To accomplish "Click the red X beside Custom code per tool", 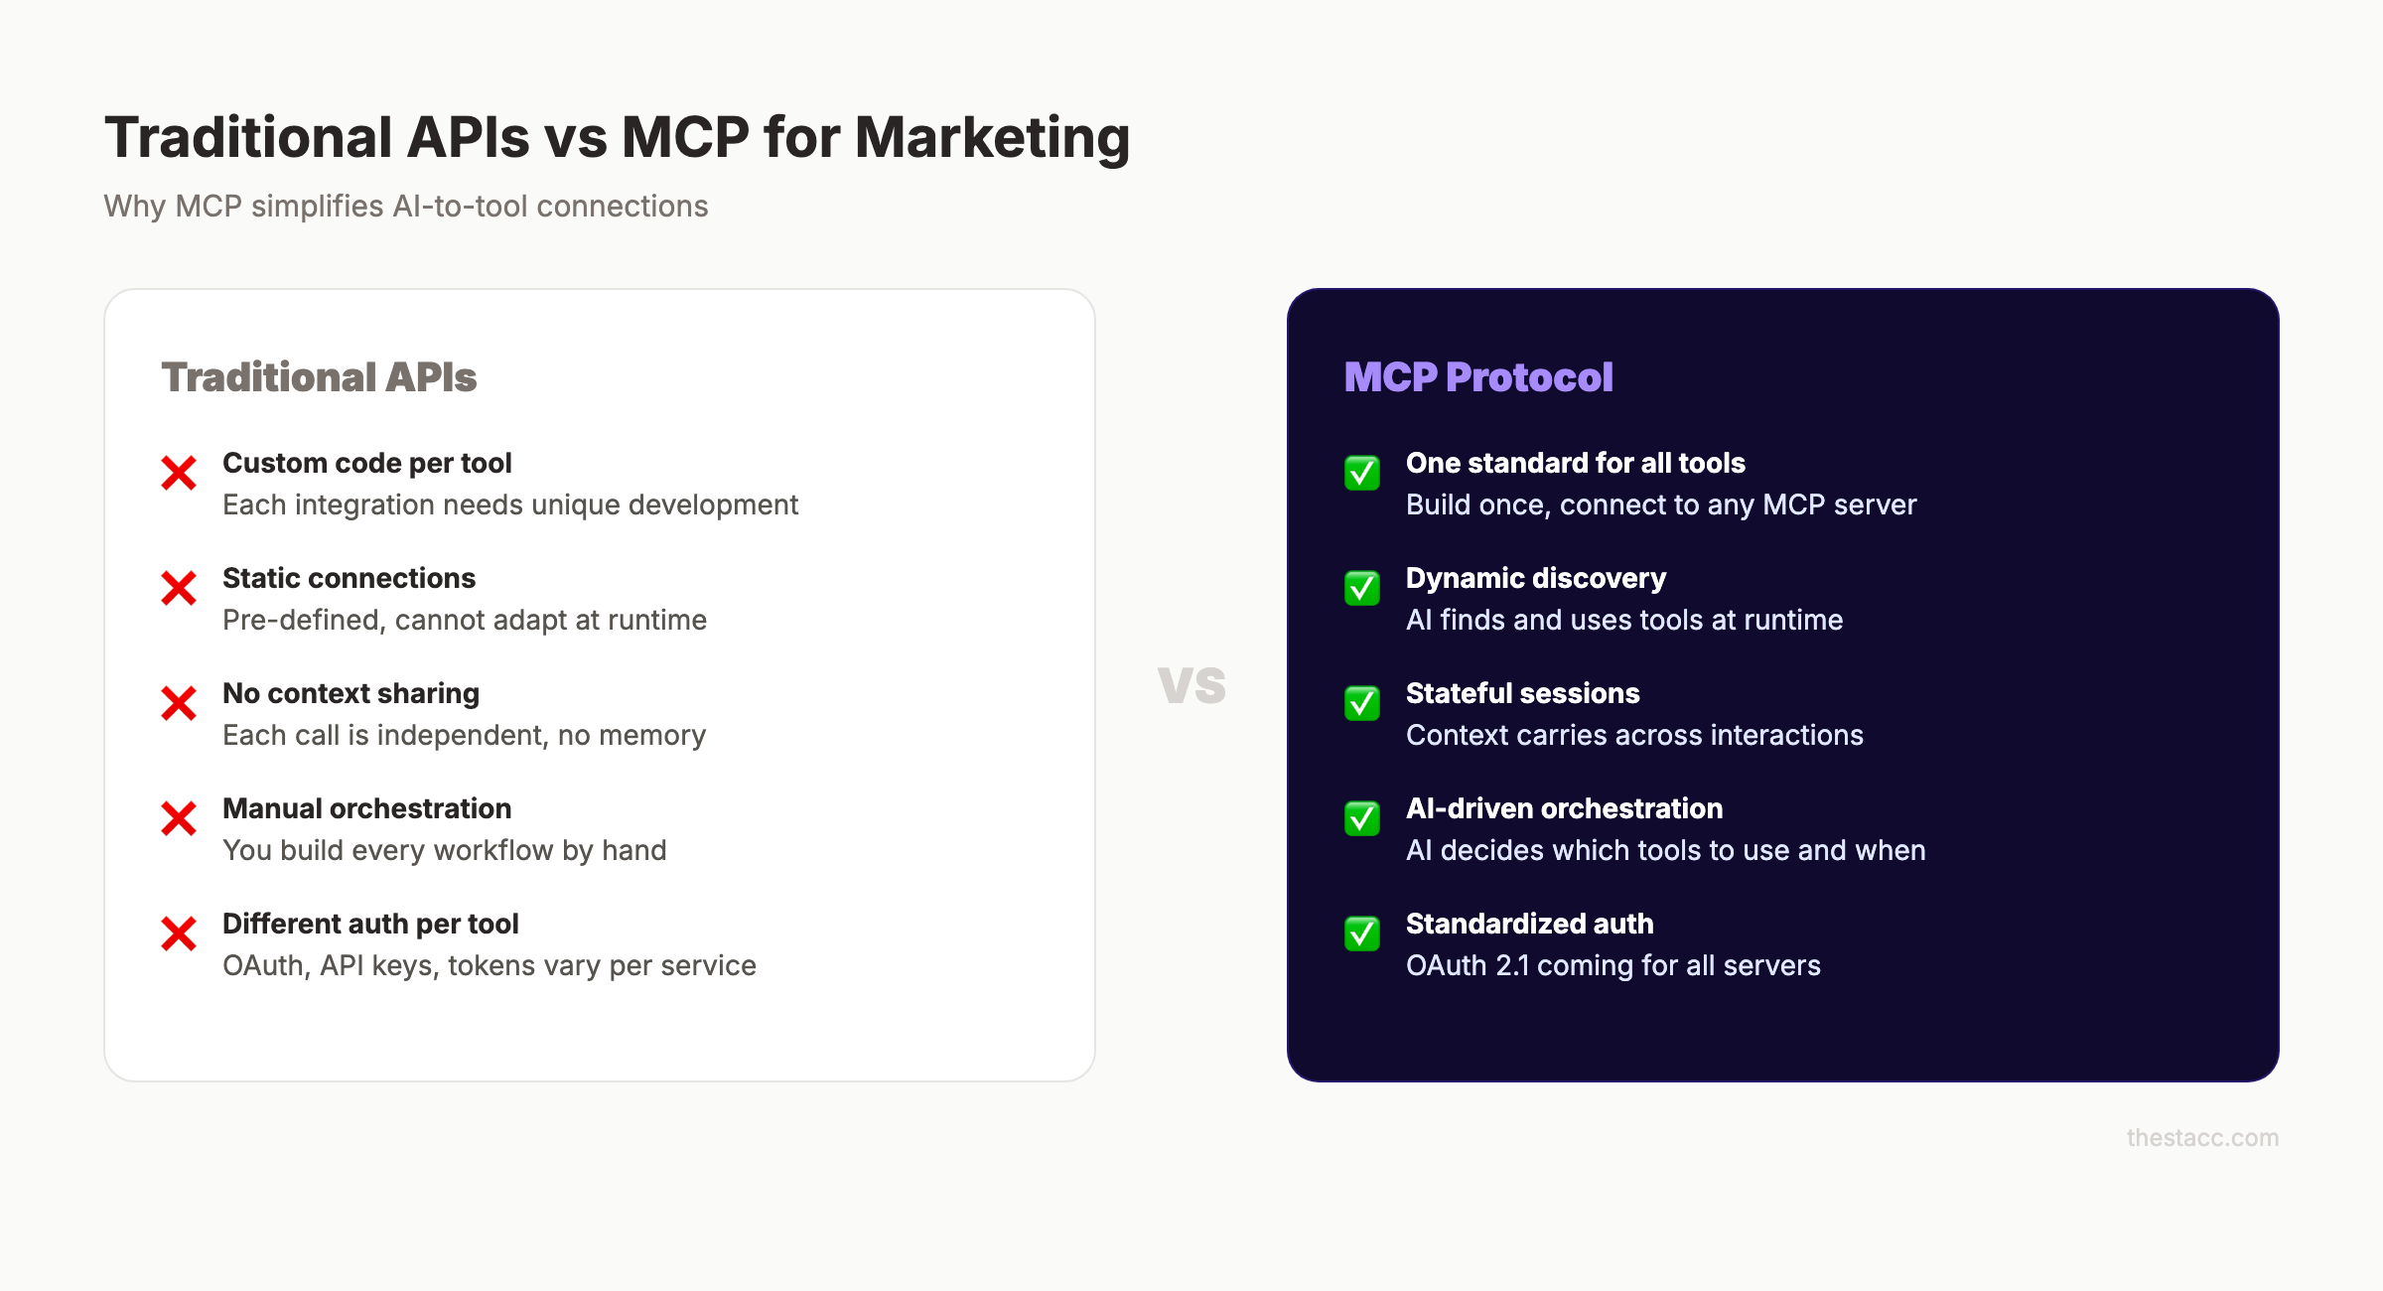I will [179, 473].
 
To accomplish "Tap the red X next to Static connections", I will [179, 588].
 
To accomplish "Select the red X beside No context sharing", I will [179, 703].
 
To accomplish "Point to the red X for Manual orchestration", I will [179, 818].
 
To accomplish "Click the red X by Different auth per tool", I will [179, 933].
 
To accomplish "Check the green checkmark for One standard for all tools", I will [1362, 473].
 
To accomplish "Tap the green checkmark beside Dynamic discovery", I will [1362, 588].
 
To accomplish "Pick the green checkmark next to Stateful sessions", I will [1362, 703].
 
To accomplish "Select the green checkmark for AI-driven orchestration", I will [1362, 818].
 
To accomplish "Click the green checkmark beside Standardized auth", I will [1362, 933].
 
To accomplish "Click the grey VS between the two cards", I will [1191, 685].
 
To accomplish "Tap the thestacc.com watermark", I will [2202, 1138].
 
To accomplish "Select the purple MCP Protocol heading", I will [1478, 377].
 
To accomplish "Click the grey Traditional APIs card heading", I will [319, 377].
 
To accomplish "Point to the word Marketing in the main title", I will [992, 137].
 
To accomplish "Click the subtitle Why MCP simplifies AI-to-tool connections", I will [406, 207].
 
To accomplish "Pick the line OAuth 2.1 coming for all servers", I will [1613, 965].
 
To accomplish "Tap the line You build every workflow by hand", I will [445, 850].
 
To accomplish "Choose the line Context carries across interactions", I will [1634, 735].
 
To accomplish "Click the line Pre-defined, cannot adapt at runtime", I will [465, 620].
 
